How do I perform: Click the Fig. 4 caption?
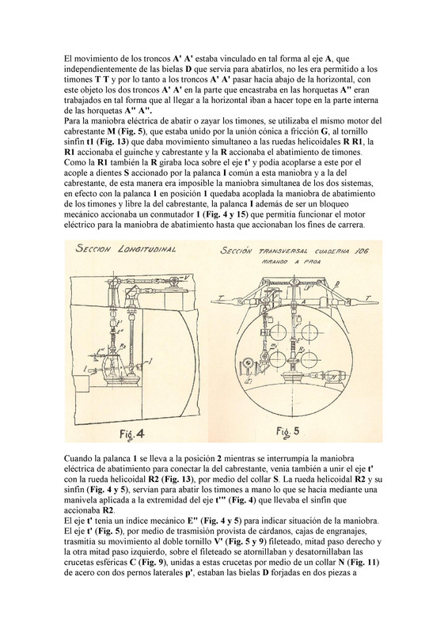131,434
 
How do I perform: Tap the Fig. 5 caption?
287,431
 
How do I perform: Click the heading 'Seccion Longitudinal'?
126,249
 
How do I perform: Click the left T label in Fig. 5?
220,298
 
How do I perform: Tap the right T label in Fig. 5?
367,298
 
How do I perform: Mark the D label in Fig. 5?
337,283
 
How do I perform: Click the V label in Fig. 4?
186,278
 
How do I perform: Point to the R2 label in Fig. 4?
123,346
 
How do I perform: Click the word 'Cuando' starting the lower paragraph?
76,459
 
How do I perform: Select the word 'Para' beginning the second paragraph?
70,121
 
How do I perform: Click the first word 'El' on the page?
67,59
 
